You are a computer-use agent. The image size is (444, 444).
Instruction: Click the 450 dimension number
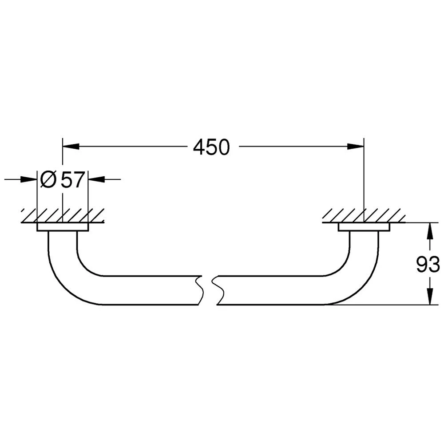(x=211, y=147)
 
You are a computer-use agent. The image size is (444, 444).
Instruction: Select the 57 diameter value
(x=73, y=179)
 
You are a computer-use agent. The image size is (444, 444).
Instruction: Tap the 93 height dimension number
(x=428, y=264)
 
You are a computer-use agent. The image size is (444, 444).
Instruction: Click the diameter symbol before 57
(x=48, y=179)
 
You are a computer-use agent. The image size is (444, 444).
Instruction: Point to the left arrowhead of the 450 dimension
(x=71, y=146)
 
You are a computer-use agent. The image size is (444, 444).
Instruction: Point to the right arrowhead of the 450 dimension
(x=356, y=146)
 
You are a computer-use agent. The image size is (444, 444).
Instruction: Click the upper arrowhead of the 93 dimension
(x=430, y=231)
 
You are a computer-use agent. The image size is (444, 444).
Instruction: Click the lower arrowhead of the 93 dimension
(x=430, y=297)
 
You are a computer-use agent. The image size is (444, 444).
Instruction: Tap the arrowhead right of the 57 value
(x=96, y=179)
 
